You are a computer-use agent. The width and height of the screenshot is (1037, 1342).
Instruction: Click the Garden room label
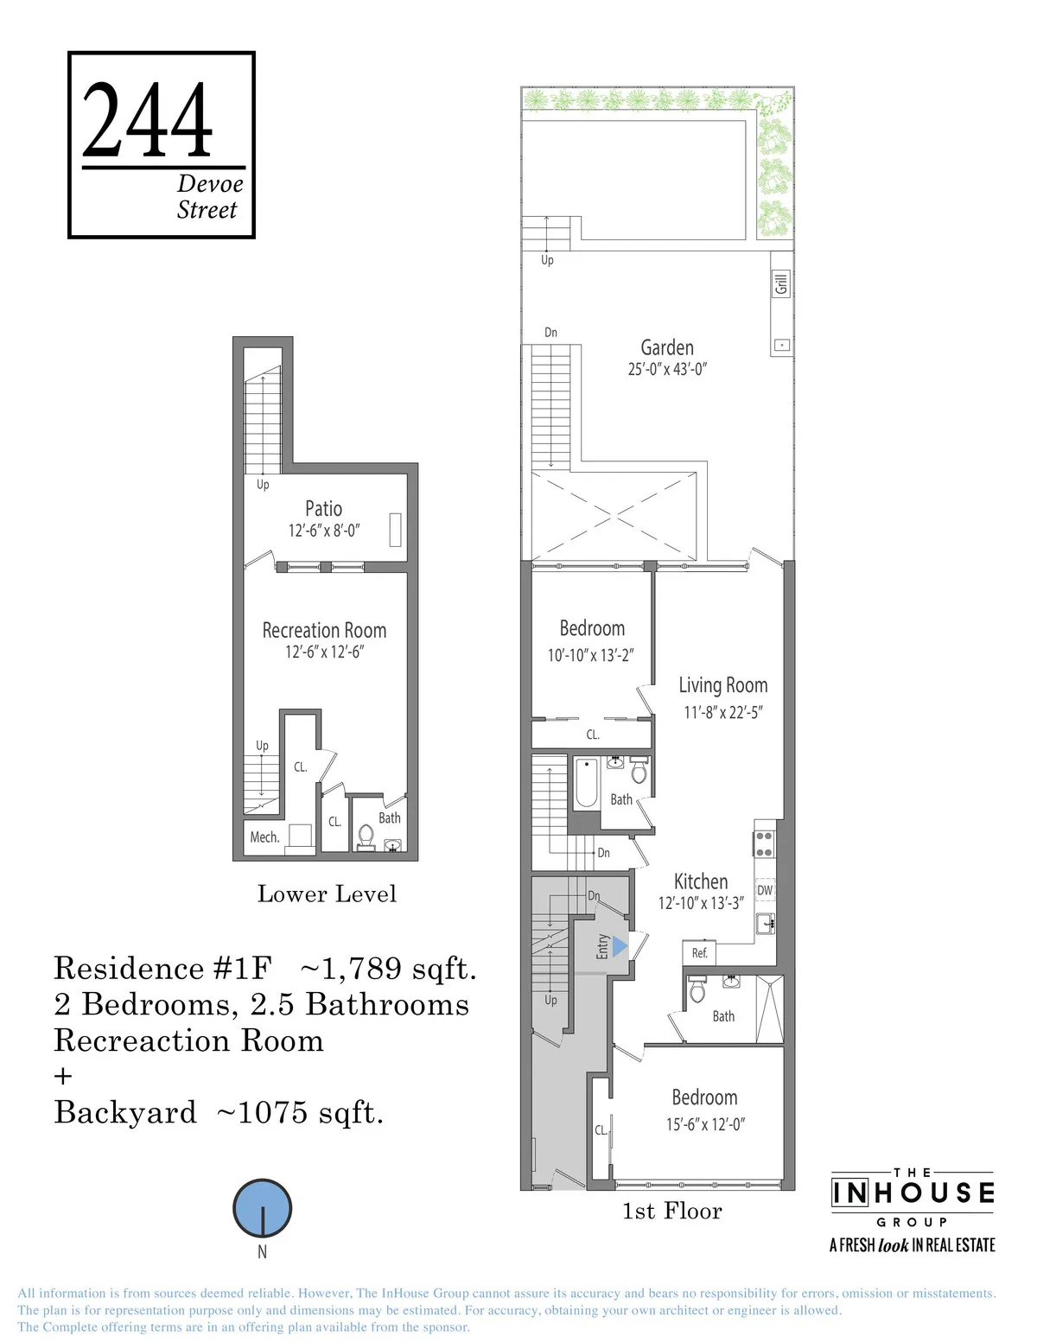tap(666, 347)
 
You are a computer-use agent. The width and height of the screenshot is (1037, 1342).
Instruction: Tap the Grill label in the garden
tap(781, 283)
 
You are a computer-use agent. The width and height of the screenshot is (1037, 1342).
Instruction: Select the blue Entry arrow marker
tap(620, 947)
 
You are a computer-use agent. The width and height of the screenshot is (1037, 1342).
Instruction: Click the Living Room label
tap(722, 685)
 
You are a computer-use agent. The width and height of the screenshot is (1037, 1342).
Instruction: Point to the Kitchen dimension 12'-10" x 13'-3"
tap(700, 903)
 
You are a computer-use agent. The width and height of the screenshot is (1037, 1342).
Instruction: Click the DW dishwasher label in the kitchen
tap(765, 890)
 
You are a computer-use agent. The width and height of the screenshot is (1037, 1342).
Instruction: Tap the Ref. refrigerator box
tap(700, 952)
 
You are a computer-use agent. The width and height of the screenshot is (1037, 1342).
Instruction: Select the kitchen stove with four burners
tap(764, 844)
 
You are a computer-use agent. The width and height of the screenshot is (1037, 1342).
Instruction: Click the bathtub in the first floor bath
tap(587, 783)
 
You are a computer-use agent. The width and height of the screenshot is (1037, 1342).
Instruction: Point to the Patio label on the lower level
tap(323, 509)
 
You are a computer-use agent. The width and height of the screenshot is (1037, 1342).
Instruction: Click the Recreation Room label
tap(324, 630)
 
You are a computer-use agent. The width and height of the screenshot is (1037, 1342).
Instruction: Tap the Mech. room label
tap(264, 836)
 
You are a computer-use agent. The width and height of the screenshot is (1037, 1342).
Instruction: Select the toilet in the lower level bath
tap(366, 836)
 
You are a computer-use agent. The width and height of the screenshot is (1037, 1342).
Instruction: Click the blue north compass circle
tap(262, 1208)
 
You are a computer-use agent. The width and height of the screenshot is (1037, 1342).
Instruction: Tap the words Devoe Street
tap(208, 197)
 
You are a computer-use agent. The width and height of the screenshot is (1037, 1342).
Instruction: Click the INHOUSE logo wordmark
tap(913, 1193)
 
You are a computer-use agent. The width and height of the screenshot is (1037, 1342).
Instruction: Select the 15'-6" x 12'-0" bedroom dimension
tap(704, 1124)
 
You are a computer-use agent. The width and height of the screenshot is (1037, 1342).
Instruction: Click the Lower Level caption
tap(327, 894)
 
